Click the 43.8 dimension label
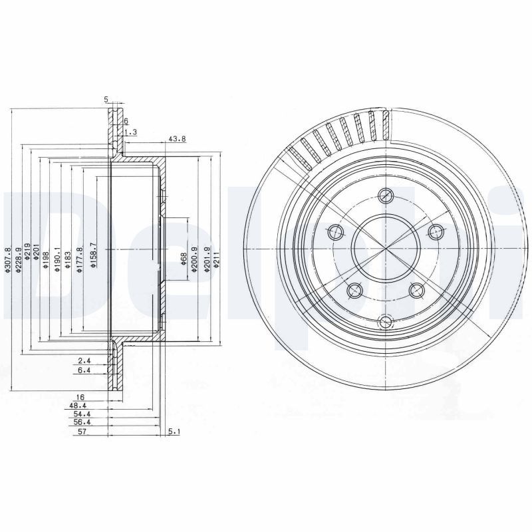tap(177, 140)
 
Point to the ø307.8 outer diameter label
tap(8, 260)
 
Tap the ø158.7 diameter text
tap(94, 255)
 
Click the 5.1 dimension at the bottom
tap(174, 432)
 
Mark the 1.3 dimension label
tap(131, 132)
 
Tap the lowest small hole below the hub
tap(385, 323)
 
